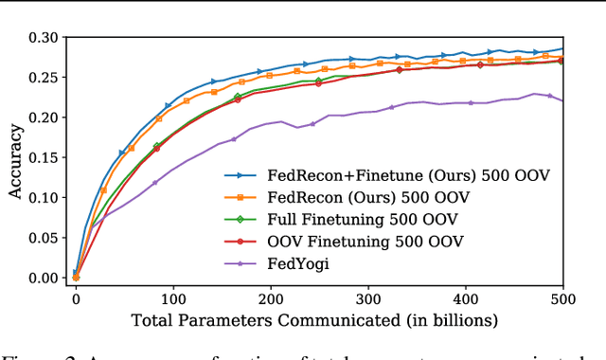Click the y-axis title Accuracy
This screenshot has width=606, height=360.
(16, 158)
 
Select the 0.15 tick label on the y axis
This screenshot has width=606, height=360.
(43, 157)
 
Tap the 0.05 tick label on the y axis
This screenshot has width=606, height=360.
(43, 238)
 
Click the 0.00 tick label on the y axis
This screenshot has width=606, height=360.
(43, 278)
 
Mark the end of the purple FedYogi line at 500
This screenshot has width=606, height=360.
(562, 100)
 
